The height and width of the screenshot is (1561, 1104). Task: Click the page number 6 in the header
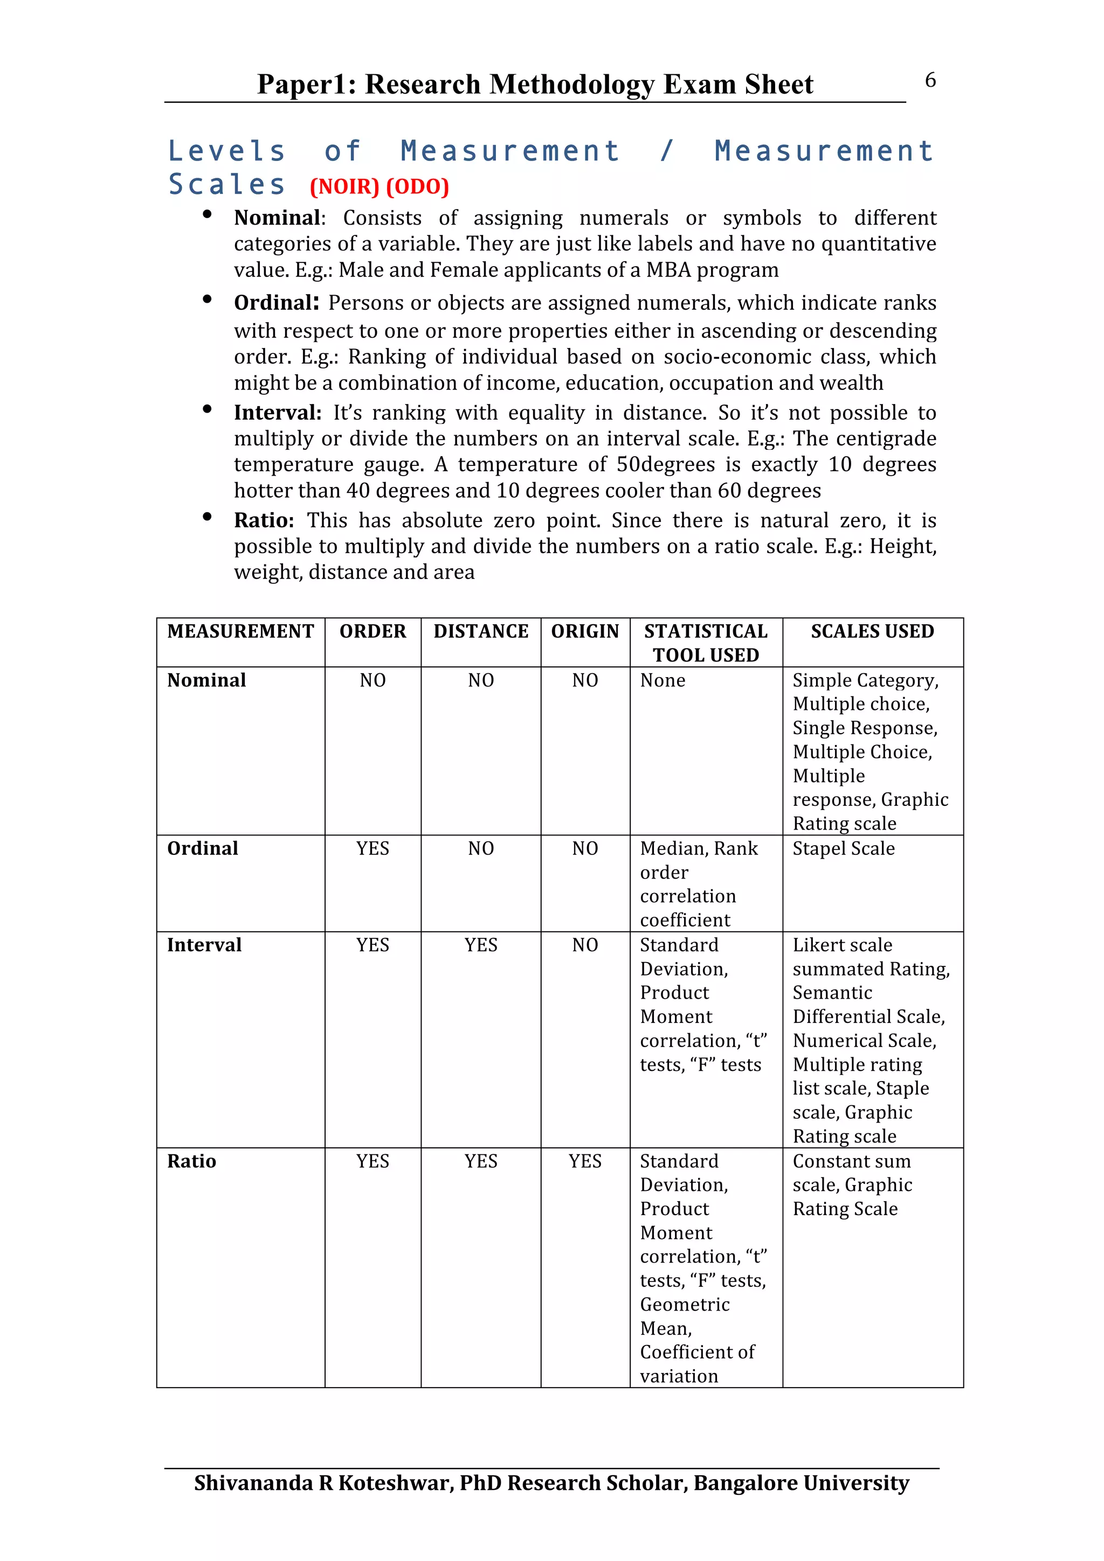[x=930, y=80]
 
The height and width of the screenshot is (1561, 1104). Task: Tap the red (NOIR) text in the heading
[x=344, y=186]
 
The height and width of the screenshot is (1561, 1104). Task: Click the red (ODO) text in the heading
[x=417, y=186]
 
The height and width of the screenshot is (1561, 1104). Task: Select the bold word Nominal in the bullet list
[x=277, y=218]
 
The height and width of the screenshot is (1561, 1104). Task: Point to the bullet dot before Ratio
[x=207, y=517]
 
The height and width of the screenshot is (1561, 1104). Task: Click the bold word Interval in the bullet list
[x=277, y=413]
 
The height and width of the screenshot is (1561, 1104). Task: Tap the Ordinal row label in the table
[x=203, y=848]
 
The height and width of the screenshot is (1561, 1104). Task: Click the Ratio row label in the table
[x=192, y=1161]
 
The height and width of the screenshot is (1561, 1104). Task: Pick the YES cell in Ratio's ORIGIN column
[x=585, y=1161]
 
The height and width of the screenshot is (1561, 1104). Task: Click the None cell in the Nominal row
[x=663, y=680]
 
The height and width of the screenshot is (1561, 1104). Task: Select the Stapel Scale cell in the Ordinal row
[x=844, y=848]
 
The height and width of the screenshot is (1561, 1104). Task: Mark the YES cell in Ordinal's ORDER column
[x=372, y=848]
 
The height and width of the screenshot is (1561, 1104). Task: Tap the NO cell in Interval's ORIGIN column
[x=585, y=944]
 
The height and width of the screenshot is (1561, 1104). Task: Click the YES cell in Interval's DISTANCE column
[x=481, y=944]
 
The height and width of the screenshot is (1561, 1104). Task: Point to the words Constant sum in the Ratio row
[x=852, y=1161]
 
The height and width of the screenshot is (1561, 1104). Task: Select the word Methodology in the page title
[x=571, y=85]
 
